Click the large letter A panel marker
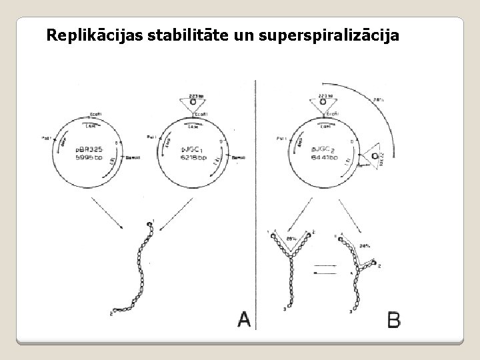click(244, 321)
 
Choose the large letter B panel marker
click(394, 321)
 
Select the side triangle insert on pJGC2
click(375, 157)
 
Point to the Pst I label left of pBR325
click(47, 139)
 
